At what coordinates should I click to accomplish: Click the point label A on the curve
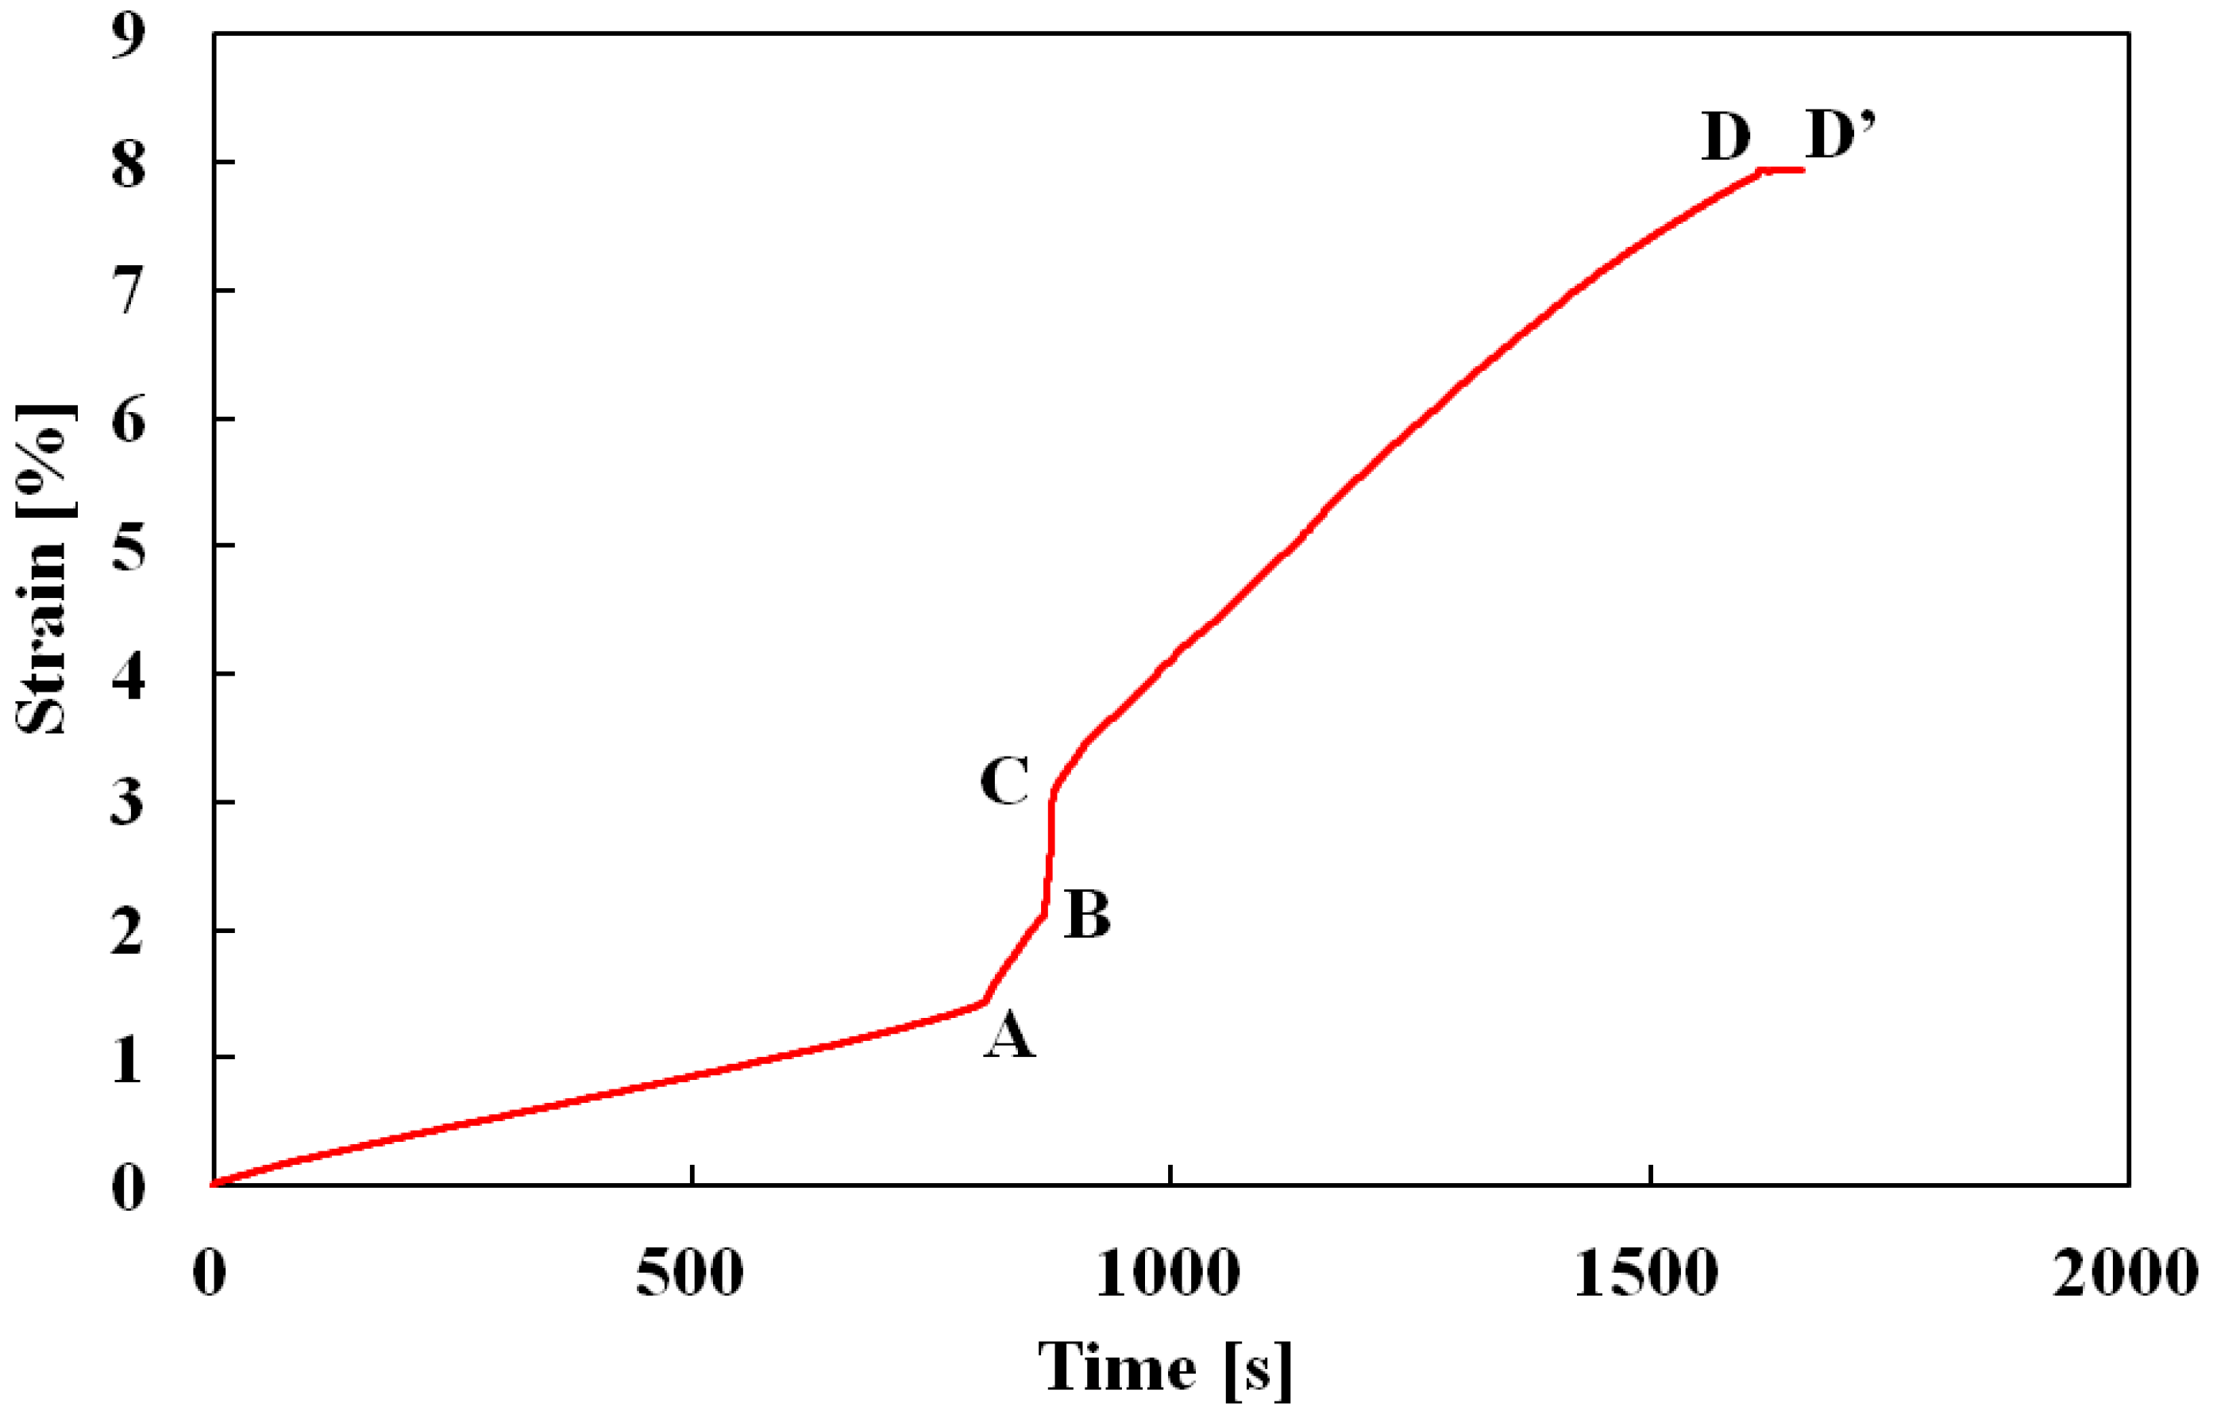coord(1010,1035)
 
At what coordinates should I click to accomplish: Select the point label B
coord(1087,915)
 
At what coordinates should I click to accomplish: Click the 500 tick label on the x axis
coord(690,1275)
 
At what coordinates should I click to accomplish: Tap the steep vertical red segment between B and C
coord(1050,855)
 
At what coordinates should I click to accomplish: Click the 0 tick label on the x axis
coord(210,1275)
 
